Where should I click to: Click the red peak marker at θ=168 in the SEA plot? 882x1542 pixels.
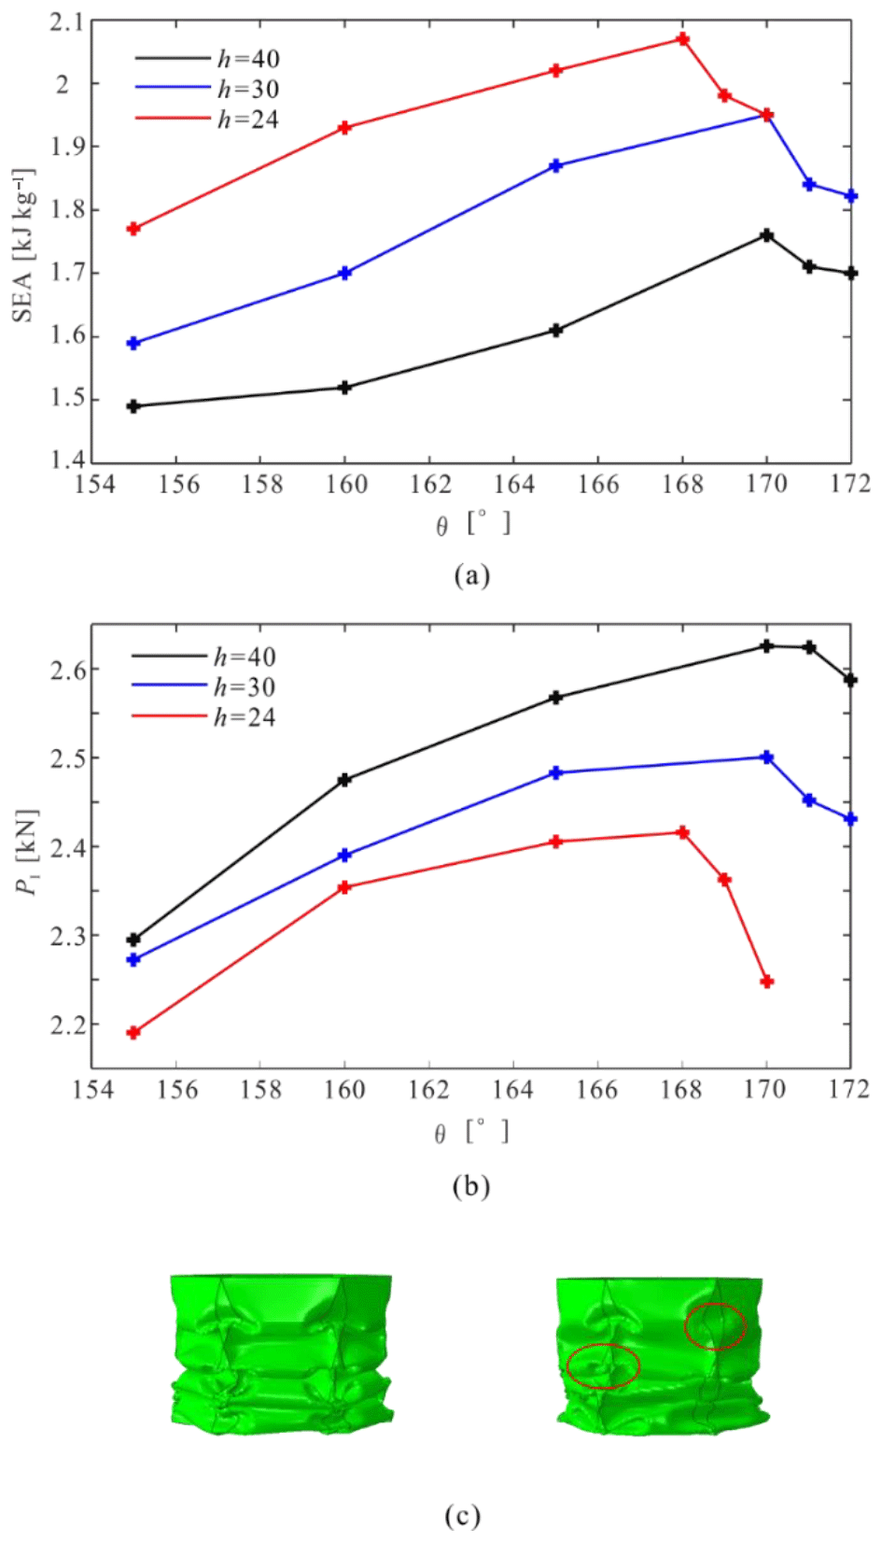click(x=683, y=39)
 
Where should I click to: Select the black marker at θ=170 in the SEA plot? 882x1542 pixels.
click(x=767, y=235)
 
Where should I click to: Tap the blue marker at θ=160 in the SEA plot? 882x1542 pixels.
click(x=344, y=274)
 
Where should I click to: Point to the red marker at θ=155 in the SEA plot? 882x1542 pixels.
click(x=133, y=229)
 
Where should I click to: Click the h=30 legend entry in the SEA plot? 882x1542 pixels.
click(x=247, y=89)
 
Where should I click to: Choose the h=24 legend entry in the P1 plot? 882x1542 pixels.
click(x=244, y=717)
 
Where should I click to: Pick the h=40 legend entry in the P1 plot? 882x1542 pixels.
click(x=244, y=657)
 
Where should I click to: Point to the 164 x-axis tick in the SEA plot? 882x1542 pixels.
click(x=514, y=484)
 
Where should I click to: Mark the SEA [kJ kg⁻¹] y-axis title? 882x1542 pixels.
click(x=24, y=245)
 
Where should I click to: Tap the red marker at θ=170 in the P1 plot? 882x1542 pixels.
click(x=767, y=982)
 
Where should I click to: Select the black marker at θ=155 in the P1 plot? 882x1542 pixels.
click(x=133, y=940)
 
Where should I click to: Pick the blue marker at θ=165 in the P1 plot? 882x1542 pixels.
click(x=556, y=773)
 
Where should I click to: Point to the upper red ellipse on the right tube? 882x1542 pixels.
click(x=716, y=1326)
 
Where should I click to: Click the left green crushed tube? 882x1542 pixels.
click(x=281, y=1354)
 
